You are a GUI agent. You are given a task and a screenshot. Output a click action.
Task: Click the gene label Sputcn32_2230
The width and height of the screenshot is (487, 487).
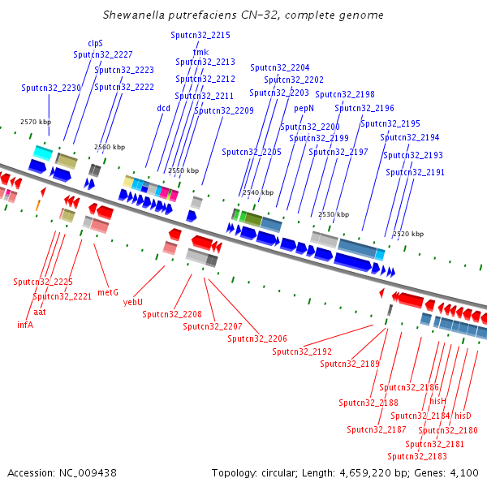51,88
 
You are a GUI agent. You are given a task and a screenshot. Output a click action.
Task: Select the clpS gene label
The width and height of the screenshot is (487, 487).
95,44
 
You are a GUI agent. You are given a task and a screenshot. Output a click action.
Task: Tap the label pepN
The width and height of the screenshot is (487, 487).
304,107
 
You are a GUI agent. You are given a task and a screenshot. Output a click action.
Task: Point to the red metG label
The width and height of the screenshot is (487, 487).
108,291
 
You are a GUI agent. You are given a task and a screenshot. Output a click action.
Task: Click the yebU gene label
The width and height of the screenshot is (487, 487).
132,301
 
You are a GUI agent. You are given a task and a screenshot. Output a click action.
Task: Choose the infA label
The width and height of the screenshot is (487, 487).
25,324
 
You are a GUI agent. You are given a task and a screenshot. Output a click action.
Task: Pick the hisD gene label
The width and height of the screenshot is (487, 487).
463,416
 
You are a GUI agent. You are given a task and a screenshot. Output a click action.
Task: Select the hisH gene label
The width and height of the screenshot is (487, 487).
438,401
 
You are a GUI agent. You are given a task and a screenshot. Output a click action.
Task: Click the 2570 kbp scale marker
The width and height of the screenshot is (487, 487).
35,122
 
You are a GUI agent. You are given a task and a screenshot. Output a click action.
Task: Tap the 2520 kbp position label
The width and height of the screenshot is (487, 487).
407,234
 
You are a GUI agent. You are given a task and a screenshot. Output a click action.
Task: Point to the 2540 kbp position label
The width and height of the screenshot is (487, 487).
259,193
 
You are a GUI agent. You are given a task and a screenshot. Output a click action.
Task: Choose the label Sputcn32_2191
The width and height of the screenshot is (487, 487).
416,172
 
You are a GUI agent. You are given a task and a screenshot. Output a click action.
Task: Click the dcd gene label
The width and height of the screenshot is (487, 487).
163,107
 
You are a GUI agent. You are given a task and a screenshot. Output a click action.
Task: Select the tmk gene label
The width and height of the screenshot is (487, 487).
200,52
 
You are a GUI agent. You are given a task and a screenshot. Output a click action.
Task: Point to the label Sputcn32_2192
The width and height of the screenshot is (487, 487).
302,351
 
